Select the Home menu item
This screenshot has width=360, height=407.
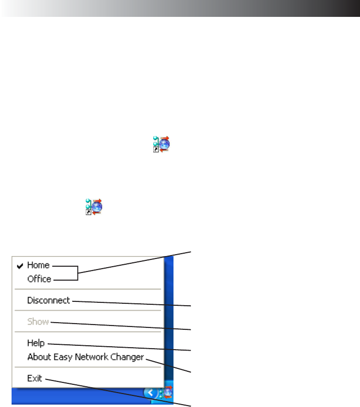[x=38, y=265]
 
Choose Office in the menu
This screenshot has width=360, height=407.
[x=39, y=279]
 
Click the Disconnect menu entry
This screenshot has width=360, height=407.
[x=48, y=300]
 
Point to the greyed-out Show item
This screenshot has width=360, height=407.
[x=38, y=322]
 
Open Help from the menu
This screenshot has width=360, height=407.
[x=36, y=343]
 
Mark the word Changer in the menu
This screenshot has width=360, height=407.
[x=129, y=357]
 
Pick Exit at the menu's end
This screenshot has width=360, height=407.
[x=34, y=379]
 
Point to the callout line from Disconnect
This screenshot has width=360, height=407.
[x=130, y=303]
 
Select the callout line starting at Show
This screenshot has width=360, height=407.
[x=120, y=326]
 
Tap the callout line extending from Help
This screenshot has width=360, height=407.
[x=120, y=347]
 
